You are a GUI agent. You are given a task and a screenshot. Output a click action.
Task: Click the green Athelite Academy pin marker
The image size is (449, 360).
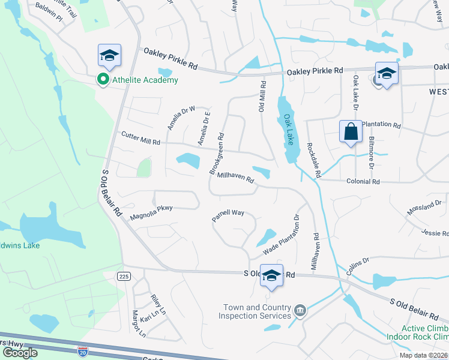(103, 79)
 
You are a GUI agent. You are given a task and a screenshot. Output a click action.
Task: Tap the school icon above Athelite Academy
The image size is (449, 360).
(109, 56)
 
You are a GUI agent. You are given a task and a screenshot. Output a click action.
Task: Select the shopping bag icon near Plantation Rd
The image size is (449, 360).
(351, 131)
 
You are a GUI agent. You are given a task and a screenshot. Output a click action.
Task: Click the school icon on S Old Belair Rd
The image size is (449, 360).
(271, 275)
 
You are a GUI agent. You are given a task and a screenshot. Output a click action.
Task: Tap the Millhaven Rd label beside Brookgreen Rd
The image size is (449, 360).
(236, 177)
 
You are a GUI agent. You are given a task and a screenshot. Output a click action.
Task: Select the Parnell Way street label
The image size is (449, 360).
(228, 215)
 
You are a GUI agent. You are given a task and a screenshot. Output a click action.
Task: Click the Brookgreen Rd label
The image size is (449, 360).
(217, 154)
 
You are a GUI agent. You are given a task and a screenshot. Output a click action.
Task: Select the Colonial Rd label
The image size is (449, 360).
(363, 181)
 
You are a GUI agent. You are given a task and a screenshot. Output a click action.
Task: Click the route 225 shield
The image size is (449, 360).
(123, 275)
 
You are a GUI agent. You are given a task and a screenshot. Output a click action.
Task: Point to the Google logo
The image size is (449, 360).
(20, 352)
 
